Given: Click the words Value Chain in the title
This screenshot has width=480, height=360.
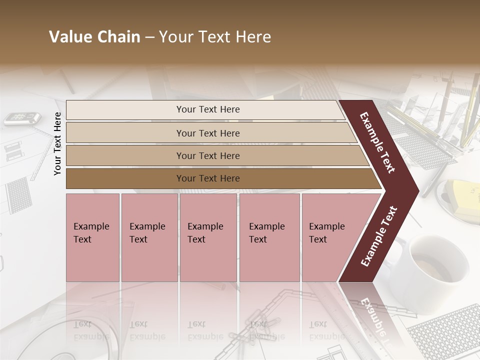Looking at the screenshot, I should [94, 37].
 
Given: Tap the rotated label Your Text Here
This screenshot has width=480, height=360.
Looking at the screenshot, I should [58, 143].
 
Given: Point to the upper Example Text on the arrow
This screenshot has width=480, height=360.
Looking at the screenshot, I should [377, 142].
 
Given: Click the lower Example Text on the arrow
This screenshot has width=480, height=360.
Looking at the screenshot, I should [379, 236].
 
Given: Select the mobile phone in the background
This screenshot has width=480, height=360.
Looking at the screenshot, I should [22, 118].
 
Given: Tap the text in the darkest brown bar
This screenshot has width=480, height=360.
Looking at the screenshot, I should [208, 178].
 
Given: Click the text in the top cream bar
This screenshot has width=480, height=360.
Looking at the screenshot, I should [208, 109].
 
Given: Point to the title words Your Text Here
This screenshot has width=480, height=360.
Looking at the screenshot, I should [215, 37].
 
